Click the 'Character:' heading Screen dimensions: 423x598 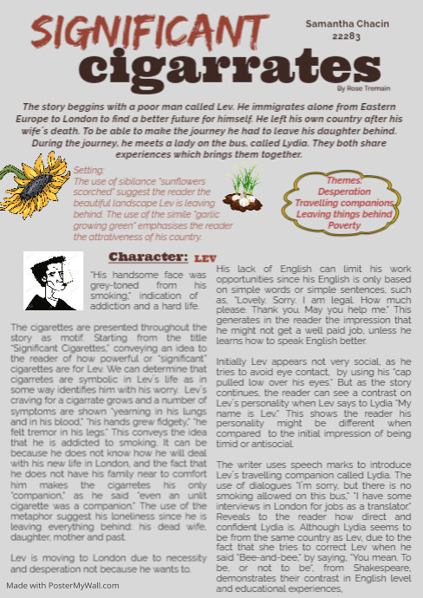(147, 257)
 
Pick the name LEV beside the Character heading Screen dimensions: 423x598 (205, 258)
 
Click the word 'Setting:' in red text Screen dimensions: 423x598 (89, 172)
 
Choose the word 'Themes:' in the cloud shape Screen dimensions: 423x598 (344, 179)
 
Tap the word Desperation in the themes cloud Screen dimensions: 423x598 (344, 191)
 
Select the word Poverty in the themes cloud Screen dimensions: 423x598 (344, 225)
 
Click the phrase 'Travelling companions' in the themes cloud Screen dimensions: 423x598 (344, 202)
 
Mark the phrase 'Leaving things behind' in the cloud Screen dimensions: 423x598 (344, 213)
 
